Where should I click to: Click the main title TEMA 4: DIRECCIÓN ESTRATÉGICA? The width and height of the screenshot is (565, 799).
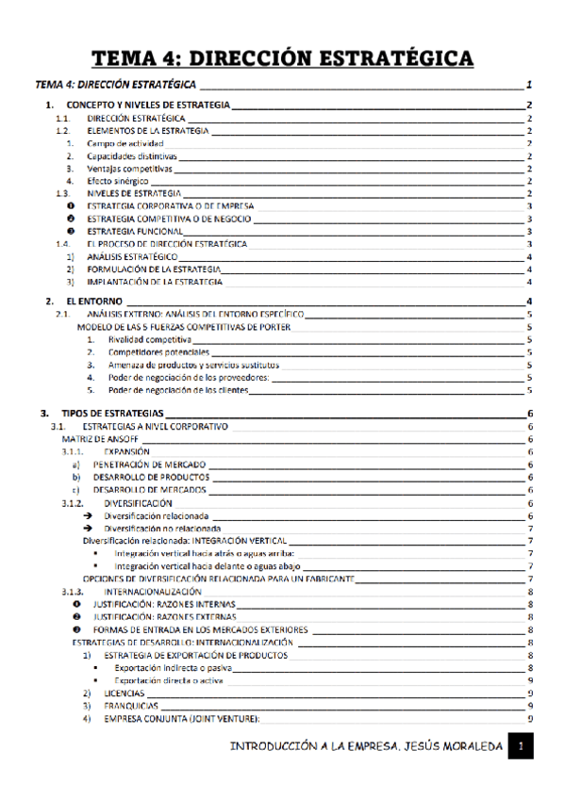[282, 59]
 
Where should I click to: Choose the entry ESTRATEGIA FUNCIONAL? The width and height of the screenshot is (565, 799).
[135, 231]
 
